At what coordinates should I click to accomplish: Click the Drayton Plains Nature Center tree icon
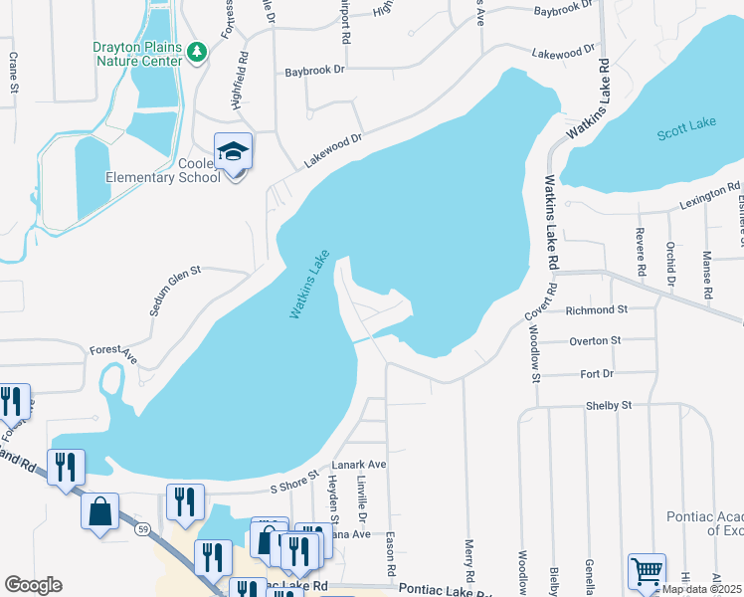pyautogui.click(x=197, y=50)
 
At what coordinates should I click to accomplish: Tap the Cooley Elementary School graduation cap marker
pyautogui.click(x=234, y=152)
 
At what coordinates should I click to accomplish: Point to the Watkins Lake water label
pyautogui.click(x=309, y=284)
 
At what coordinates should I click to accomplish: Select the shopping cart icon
pyautogui.click(x=648, y=572)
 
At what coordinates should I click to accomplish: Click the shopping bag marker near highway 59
pyautogui.click(x=101, y=512)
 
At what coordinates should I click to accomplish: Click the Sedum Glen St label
pyautogui.click(x=176, y=291)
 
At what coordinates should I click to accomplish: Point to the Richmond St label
pyautogui.click(x=596, y=310)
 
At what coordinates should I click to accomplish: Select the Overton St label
pyautogui.click(x=595, y=340)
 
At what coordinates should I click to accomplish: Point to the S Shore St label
pyautogui.click(x=293, y=482)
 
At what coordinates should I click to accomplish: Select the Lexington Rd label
pyautogui.click(x=710, y=194)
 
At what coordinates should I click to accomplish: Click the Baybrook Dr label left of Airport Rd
pyautogui.click(x=314, y=72)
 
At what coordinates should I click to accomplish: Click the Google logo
pyautogui.click(x=33, y=585)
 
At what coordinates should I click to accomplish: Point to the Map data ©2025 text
pyautogui.click(x=701, y=589)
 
